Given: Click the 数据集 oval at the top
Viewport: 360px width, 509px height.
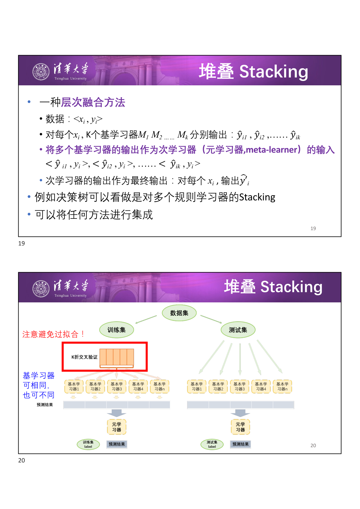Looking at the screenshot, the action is (179, 313).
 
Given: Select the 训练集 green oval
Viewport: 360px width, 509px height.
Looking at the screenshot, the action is (117, 330).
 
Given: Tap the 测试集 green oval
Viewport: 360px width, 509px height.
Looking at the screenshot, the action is (238, 330).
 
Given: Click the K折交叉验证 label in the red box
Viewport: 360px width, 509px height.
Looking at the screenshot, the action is (84, 357).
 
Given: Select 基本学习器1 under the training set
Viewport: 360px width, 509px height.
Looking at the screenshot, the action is (74, 387).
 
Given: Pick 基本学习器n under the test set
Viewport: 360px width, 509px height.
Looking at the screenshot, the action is (282, 387).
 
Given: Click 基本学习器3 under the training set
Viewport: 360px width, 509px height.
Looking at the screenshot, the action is (117, 387).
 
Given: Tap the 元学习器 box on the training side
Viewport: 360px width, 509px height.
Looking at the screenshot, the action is (117, 427).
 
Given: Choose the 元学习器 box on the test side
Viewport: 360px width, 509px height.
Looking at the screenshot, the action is (240, 427).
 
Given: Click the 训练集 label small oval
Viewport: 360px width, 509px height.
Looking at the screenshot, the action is (88, 444).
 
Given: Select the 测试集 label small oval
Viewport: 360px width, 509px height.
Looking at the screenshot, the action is (212, 444).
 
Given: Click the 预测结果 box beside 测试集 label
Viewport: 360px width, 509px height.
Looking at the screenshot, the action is (240, 444).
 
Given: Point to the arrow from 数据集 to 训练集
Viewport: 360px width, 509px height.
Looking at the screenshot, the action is (146, 320).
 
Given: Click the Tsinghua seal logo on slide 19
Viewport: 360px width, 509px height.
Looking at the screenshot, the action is (41, 72).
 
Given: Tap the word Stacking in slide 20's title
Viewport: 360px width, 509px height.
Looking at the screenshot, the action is (291, 287).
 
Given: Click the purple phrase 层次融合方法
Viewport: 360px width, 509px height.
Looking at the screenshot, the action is (93, 102).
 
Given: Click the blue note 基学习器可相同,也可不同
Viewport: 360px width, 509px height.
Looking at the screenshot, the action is (39, 385).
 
